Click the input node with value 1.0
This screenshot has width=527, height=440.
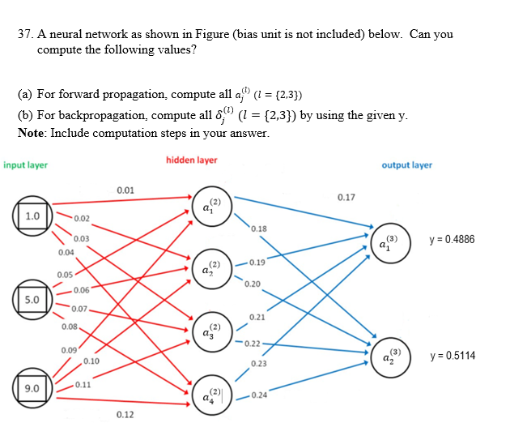(32, 216)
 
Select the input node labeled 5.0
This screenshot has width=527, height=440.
(32, 299)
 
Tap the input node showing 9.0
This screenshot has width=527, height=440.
(32, 389)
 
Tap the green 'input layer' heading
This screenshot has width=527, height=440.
(26, 165)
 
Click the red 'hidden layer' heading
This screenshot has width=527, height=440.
(192, 160)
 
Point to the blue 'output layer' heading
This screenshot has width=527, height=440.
(406, 165)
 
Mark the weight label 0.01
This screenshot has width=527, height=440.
(125, 190)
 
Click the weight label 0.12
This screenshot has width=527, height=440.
(125, 415)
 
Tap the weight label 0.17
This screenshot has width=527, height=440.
(346, 197)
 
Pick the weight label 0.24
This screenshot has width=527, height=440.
(260, 395)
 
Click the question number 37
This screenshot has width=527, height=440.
(25, 34)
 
